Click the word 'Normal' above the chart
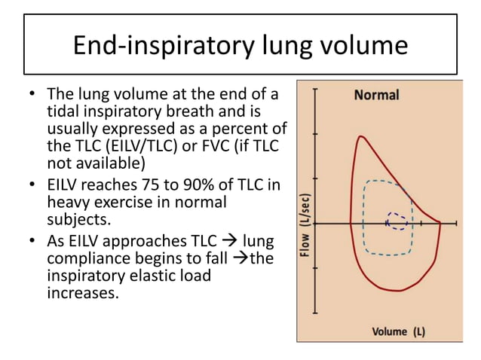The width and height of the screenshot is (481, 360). (376, 96)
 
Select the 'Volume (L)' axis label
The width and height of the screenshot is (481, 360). (398, 331)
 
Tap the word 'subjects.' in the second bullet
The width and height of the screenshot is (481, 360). (78, 219)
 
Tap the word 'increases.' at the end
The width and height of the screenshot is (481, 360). (83, 292)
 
